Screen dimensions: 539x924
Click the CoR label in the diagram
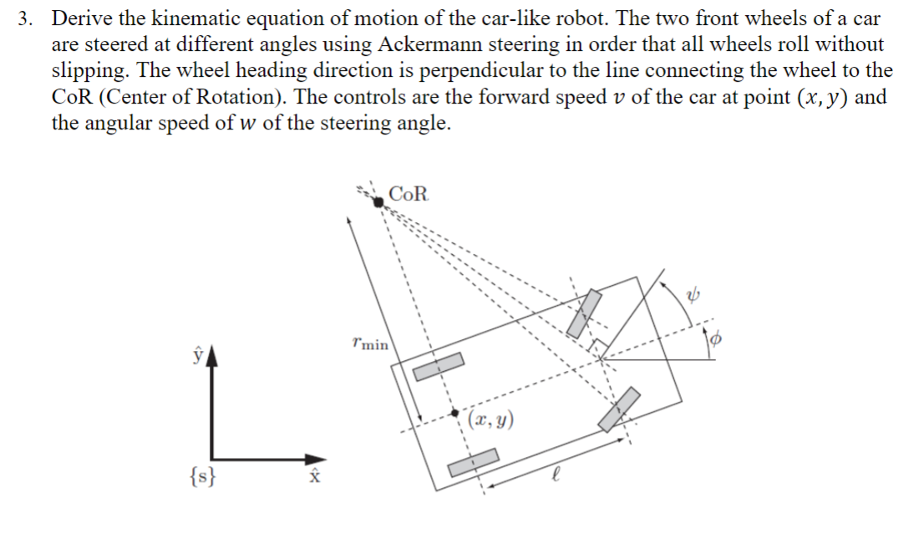[x=409, y=195]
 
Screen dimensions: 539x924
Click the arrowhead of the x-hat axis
[x=314, y=459]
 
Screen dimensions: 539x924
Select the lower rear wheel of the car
[x=474, y=462]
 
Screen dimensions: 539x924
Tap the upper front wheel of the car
[x=585, y=313]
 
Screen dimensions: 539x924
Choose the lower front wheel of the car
[x=620, y=409]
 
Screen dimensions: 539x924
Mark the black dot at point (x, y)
[x=454, y=413]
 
